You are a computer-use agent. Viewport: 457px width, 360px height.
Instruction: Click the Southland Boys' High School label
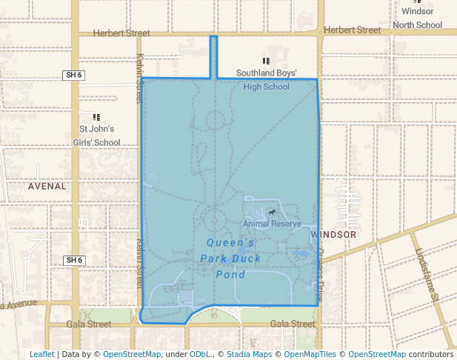click(x=267, y=80)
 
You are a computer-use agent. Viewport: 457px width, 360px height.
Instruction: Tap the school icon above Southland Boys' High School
click(x=267, y=61)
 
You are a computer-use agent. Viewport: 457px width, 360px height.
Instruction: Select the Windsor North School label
click(x=418, y=18)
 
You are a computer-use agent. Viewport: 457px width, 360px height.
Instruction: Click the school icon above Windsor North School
click(x=417, y=1)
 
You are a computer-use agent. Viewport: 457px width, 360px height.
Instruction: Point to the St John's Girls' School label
click(x=100, y=136)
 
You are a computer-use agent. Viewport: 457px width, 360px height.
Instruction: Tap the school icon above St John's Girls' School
click(x=96, y=117)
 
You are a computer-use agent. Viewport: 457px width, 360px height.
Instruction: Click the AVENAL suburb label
click(x=47, y=187)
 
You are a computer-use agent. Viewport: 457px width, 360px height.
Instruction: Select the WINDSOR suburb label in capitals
click(x=334, y=234)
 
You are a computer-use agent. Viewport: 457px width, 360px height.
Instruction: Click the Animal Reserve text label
click(x=272, y=224)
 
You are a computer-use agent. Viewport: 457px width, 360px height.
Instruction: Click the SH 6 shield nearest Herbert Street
click(x=73, y=75)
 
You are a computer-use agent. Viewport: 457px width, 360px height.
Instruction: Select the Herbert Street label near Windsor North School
click(x=352, y=30)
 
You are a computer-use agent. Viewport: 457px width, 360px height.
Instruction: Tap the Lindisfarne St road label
click(x=427, y=274)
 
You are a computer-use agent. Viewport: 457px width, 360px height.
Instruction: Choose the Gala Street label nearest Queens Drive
click(x=293, y=324)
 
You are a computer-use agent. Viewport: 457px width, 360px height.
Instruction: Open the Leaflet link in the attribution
click(x=42, y=354)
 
